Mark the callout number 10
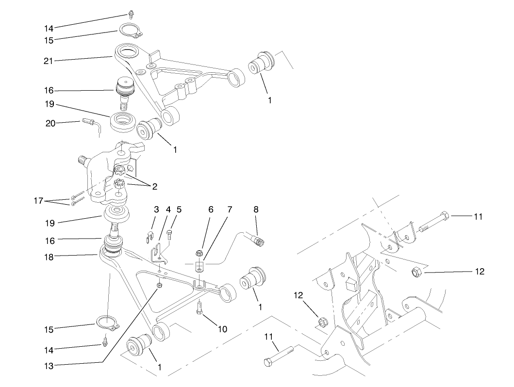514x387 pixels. [222, 329]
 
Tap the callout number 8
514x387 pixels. [256, 210]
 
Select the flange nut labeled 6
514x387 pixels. [199, 252]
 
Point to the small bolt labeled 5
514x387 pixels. [168, 236]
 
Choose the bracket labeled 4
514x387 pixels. [157, 255]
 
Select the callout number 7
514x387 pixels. [230, 210]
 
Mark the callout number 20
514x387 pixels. [50, 123]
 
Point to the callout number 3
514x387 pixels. [156, 210]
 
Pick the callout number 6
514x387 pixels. [211, 210]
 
